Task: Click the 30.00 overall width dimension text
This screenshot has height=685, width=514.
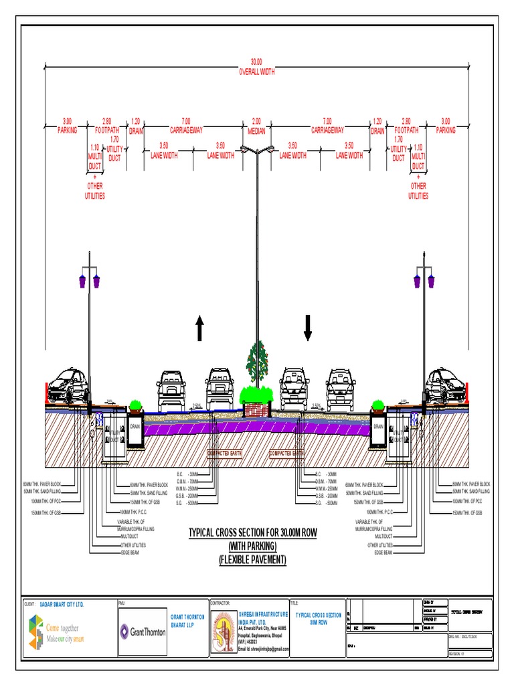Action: click(x=257, y=66)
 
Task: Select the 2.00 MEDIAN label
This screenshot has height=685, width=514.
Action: click(x=257, y=126)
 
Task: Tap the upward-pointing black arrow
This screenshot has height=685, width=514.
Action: click(x=199, y=328)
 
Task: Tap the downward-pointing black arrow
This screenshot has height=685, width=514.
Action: click(x=308, y=327)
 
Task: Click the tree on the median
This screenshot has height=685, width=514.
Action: click(x=256, y=365)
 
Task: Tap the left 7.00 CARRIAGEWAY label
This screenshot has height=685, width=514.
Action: click(x=186, y=126)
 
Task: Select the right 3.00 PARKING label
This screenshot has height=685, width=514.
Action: click(x=446, y=126)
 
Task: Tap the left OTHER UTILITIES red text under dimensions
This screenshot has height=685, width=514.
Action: click(x=94, y=191)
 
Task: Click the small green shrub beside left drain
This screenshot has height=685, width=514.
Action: click(x=135, y=405)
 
